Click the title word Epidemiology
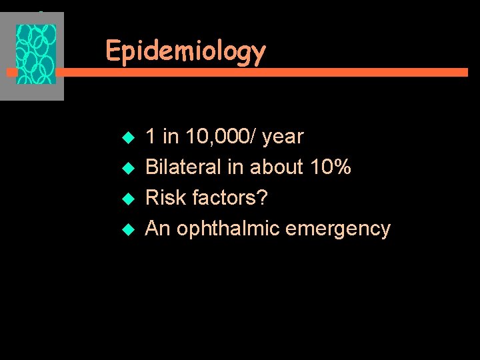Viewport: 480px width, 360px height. point(185,51)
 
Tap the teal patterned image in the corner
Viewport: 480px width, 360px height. point(36,55)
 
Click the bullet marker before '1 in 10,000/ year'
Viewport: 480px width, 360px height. point(130,138)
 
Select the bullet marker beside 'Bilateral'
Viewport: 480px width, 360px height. point(130,169)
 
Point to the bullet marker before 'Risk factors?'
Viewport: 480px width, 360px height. point(130,199)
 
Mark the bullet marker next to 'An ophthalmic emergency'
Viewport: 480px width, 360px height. point(130,230)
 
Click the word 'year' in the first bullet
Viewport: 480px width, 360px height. point(283,137)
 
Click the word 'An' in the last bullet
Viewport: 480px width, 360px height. point(157,229)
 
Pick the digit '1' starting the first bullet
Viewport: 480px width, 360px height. point(151,137)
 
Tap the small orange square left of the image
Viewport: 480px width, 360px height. point(11,70)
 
